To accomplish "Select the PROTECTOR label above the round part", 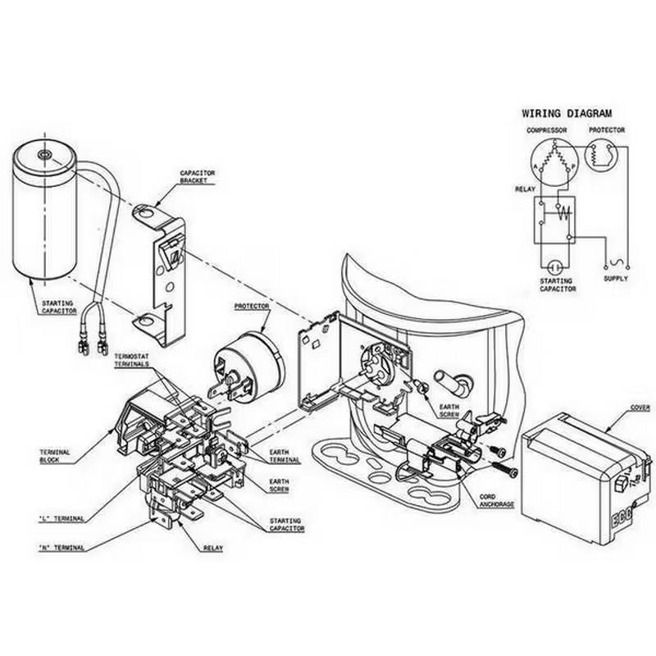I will coord(253,306).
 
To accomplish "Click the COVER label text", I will coord(640,408).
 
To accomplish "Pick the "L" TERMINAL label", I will coord(61,518).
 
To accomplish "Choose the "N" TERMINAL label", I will coord(62,547).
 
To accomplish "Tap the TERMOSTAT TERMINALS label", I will coord(131,361).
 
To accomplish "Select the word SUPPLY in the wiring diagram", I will coord(616,279).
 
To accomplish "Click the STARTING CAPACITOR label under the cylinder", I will coord(59,307).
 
